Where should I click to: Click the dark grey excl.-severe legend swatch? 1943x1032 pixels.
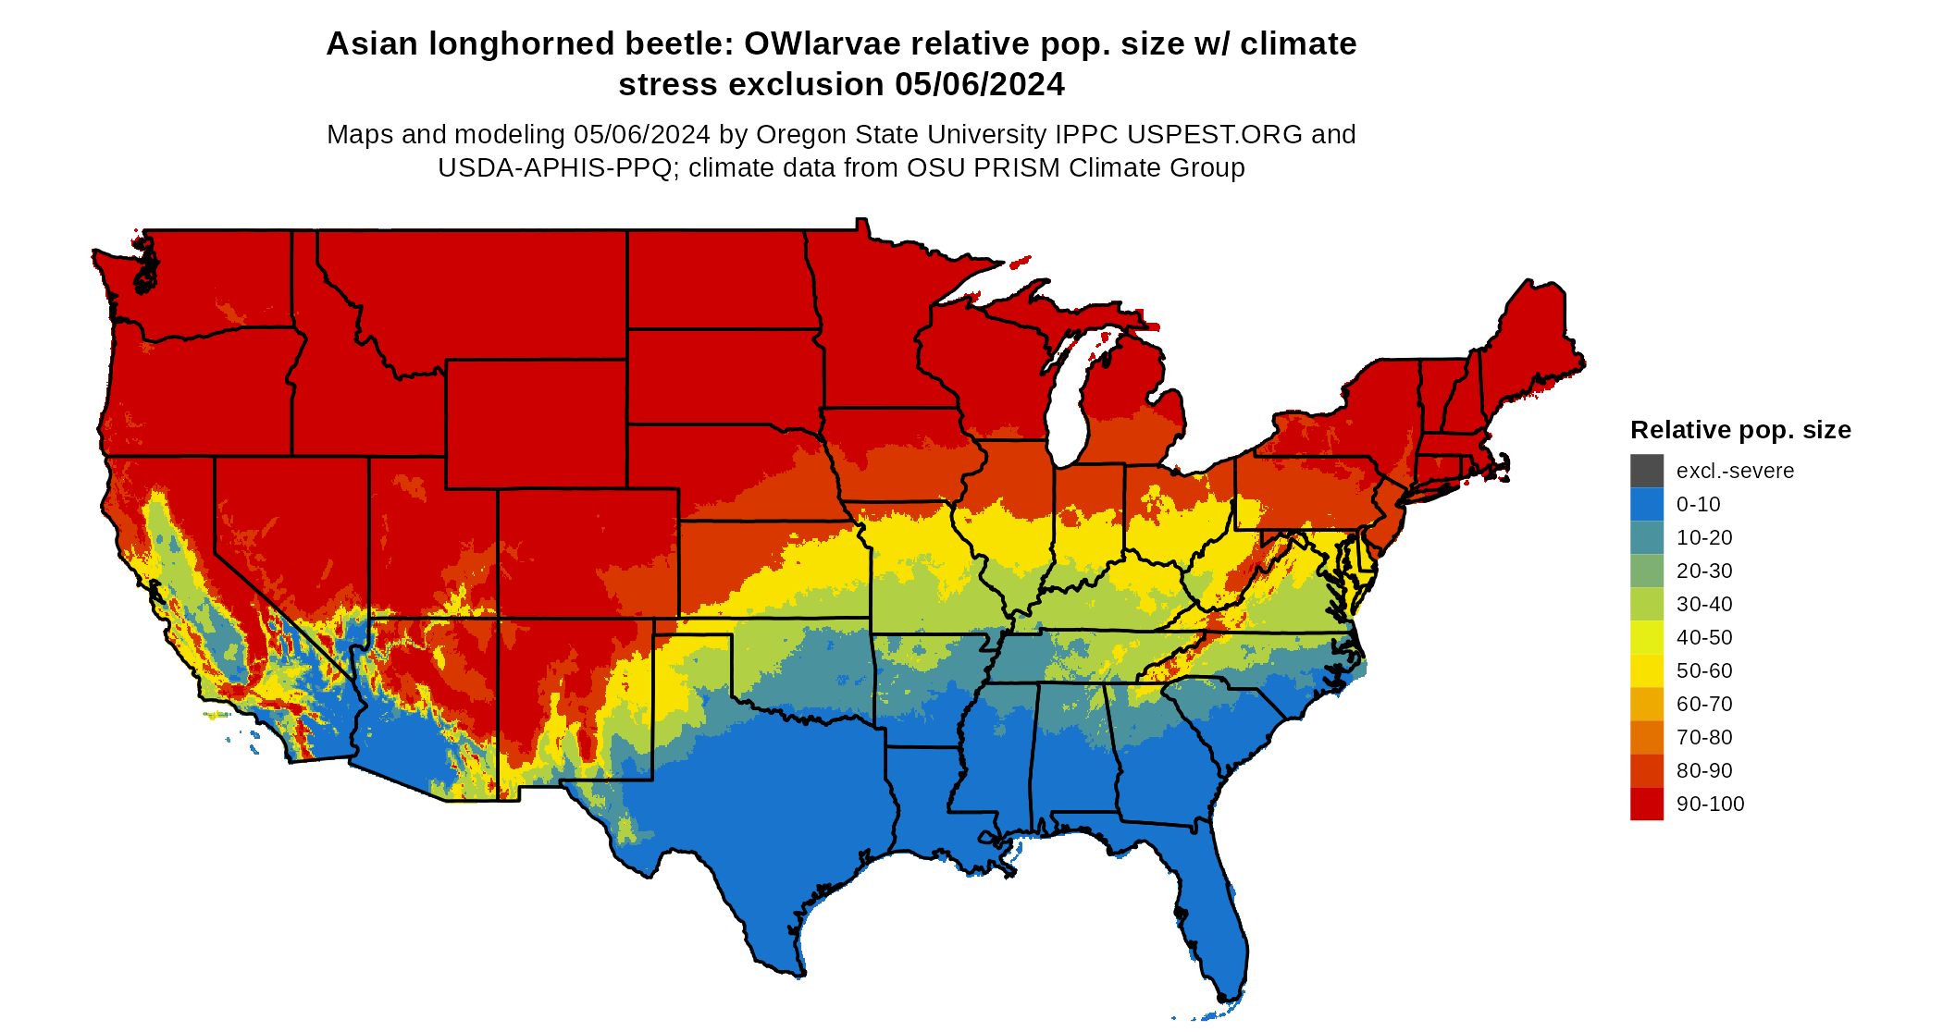tap(1646, 471)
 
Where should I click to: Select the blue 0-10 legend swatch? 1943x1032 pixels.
tap(1646, 504)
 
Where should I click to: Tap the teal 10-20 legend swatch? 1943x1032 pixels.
tap(1646, 537)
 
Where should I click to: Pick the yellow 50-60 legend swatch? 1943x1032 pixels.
tap(1646, 670)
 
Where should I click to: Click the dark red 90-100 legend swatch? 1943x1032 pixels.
tap(1646, 804)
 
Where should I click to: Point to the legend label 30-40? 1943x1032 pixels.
tap(1703, 604)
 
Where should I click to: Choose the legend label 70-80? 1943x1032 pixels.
tap(1703, 737)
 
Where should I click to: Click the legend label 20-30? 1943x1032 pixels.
tap(1703, 571)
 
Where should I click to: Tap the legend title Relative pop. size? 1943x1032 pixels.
tap(1739, 430)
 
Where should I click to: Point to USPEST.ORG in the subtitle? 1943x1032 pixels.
tap(1214, 135)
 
